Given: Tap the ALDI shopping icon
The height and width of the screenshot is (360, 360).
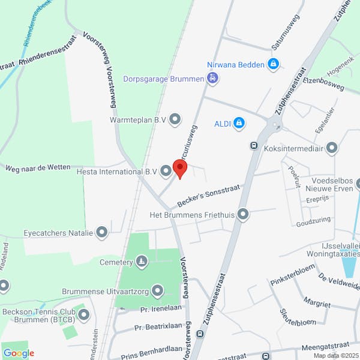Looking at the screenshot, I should click(239, 124).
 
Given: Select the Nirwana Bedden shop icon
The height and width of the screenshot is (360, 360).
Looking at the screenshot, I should click(274, 63).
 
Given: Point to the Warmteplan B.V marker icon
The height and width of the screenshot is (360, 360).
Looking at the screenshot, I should click(175, 120).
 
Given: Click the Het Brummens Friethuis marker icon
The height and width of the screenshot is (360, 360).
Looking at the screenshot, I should click(243, 214).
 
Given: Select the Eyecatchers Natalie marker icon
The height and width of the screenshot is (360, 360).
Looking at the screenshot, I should click(102, 232).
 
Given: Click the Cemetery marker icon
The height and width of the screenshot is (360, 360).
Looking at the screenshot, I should click(142, 262).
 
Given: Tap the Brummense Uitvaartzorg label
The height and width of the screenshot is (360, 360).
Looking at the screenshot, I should click(105, 292).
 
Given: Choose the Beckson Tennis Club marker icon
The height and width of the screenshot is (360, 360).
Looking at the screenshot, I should click(83, 314).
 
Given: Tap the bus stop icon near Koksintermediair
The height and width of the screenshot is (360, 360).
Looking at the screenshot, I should click(254, 145).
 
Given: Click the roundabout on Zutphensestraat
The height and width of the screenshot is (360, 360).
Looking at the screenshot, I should click(275, 125).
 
